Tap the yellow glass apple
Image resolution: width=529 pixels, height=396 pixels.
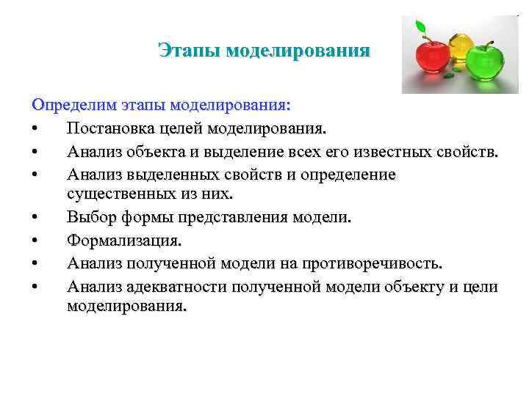[459, 44]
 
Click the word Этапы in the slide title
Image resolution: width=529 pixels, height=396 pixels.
[190, 51]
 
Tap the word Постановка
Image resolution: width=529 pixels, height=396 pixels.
[110, 130]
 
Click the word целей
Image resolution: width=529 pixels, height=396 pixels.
[181, 130]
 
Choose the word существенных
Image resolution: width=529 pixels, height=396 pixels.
[118, 195]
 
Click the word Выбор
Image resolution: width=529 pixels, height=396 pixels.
[87, 218]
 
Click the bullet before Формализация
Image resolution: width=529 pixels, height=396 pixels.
[35, 241]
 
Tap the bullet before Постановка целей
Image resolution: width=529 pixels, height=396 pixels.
[35, 130]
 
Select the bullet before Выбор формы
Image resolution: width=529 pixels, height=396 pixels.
[35, 218]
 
